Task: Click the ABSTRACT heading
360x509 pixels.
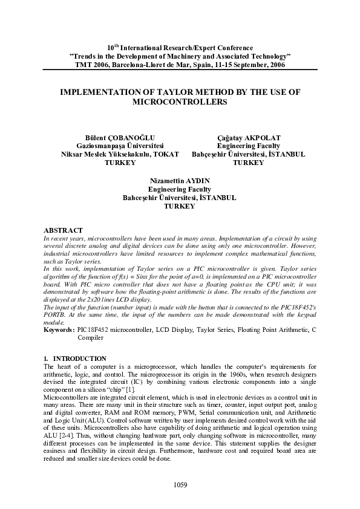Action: (64, 230)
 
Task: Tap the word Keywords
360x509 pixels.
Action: (59, 329)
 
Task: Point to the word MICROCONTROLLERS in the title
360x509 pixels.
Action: (180, 102)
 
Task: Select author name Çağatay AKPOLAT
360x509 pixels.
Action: (248, 138)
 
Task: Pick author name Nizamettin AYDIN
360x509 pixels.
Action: (179, 181)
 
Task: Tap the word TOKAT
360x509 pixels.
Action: (166, 154)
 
